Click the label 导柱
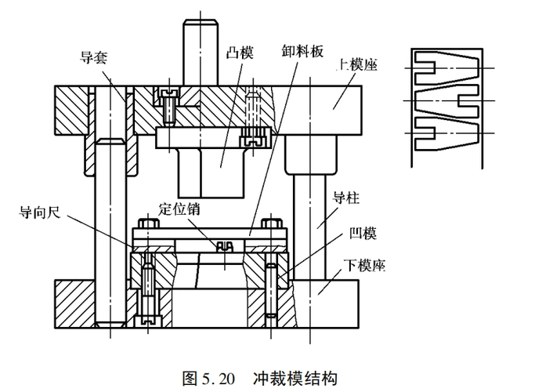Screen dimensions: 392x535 [345, 199]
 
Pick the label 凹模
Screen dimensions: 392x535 [362, 234]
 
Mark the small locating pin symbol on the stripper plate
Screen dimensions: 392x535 [226, 246]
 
